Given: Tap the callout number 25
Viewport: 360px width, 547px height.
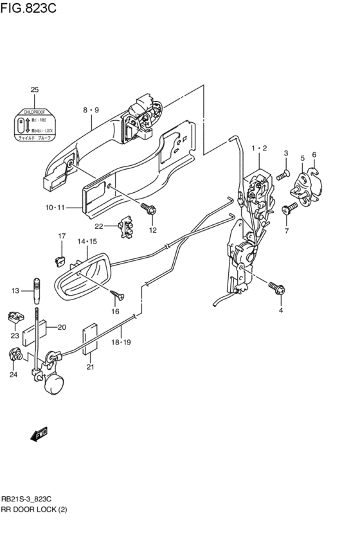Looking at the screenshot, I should click(x=35, y=89).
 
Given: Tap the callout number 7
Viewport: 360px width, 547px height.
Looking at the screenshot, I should click(x=286, y=230).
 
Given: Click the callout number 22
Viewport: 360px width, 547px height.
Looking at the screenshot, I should click(x=99, y=226).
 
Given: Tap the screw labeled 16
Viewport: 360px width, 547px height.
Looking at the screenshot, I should click(x=117, y=296).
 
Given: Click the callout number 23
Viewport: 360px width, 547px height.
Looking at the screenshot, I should click(x=14, y=335).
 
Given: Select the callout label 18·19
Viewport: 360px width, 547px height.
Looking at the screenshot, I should click(x=122, y=343).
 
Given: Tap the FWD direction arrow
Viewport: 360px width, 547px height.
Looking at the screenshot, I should click(x=39, y=435).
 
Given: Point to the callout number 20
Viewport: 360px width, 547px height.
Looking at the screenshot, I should click(x=62, y=327).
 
